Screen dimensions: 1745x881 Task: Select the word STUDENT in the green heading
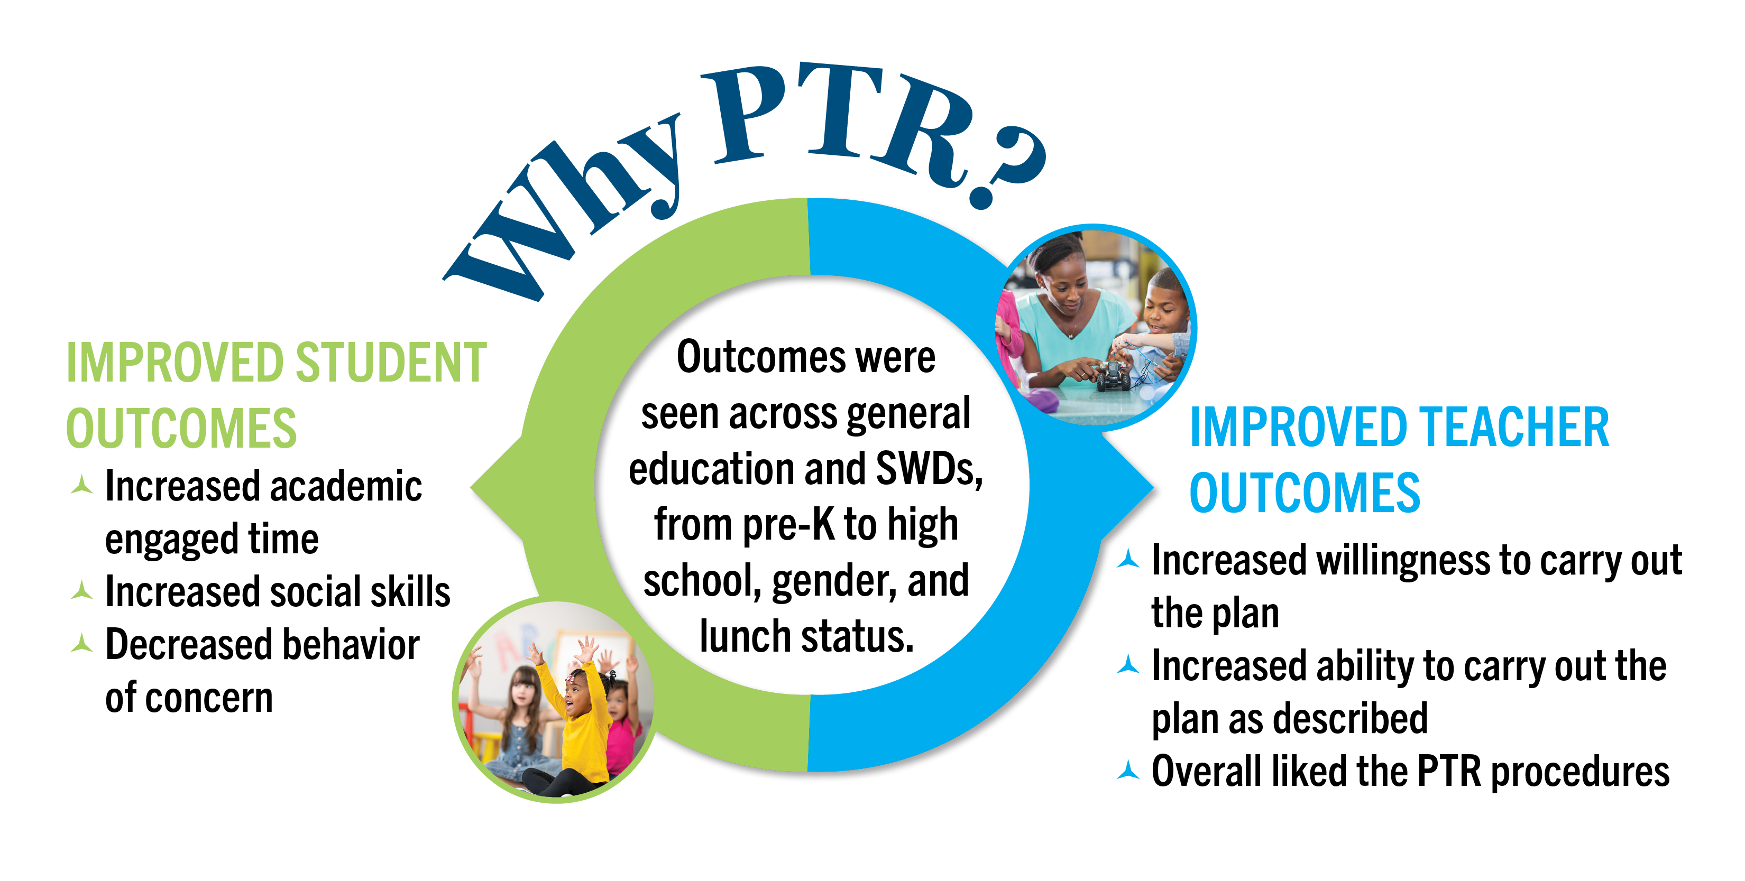click(391, 363)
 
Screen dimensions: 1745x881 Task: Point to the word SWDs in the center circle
click(929, 469)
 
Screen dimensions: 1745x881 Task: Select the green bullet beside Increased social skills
click(82, 590)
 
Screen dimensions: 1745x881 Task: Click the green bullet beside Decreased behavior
click(82, 643)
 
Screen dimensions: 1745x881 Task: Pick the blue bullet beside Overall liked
click(1128, 770)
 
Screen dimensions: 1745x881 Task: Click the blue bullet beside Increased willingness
click(1128, 559)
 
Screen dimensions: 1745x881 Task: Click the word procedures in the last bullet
click(1581, 773)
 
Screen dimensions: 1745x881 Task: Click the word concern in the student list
click(209, 698)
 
